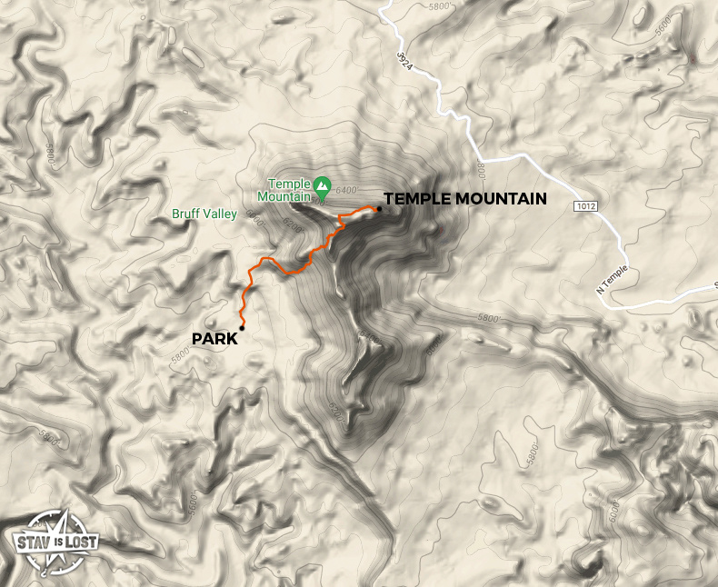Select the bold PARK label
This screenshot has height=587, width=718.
click(214, 339)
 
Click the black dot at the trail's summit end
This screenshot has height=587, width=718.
click(378, 209)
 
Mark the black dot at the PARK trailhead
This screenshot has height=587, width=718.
click(242, 328)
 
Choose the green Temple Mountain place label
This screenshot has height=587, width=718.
click(285, 188)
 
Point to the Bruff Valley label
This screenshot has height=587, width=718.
click(204, 214)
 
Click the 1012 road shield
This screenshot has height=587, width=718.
click(585, 206)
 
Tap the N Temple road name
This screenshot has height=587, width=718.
click(612, 284)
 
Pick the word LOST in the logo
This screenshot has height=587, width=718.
click(79, 543)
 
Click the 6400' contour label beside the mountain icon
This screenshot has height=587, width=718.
click(348, 191)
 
